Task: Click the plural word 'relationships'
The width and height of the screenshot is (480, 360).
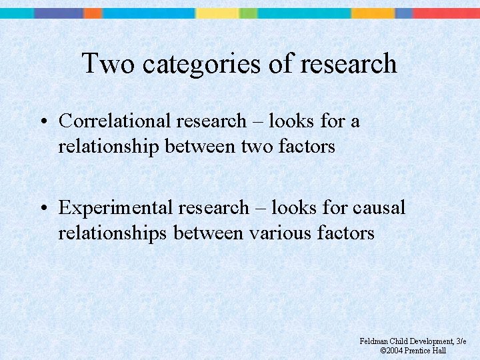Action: tap(114, 233)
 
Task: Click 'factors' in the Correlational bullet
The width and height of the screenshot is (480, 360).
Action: tap(308, 147)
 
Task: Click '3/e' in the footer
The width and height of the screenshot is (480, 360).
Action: tap(461, 341)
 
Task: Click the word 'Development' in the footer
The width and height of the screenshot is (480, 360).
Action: tap(429, 341)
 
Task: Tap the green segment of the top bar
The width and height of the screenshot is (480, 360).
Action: tap(248, 13)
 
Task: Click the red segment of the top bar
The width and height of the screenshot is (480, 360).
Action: tap(446, 13)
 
